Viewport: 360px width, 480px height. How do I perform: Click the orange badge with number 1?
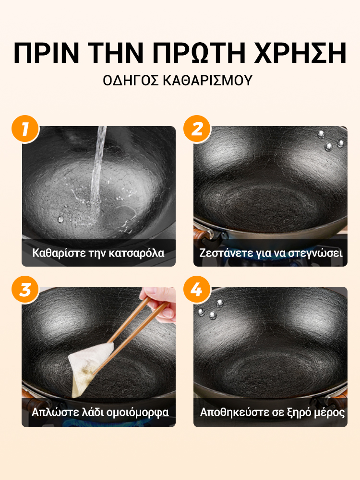[x=25, y=129]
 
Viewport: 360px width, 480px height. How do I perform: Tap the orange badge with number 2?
[x=197, y=129]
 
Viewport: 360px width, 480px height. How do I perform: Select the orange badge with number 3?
[x=25, y=289]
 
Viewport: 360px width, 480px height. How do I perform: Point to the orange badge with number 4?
[x=197, y=289]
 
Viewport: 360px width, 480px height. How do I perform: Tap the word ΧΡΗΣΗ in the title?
[x=301, y=53]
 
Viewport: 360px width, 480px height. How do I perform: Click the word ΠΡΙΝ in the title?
[x=46, y=53]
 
